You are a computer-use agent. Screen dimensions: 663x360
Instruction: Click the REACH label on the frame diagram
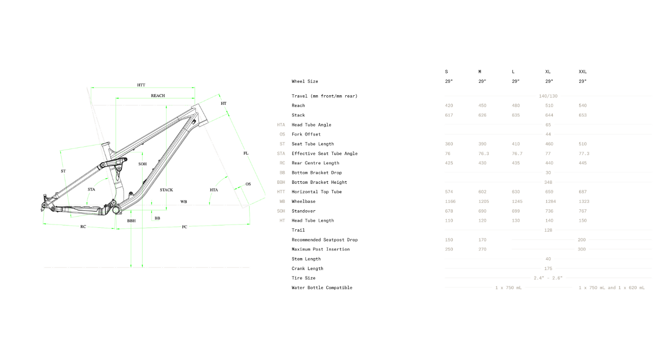pyautogui.click(x=158, y=96)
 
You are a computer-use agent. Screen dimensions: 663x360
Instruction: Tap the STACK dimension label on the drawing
pyautogui.click(x=166, y=190)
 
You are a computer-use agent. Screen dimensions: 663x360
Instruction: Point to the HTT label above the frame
pyautogui.click(x=141, y=85)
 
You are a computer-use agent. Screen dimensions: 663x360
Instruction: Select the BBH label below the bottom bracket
pyautogui.click(x=132, y=221)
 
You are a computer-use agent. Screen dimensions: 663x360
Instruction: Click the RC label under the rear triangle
pyautogui.click(x=83, y=226)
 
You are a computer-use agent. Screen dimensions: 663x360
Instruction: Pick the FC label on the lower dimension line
pyautogui.click(x=184, y=227)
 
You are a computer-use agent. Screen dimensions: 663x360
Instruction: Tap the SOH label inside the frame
pyautogui.click(x=143, y=164)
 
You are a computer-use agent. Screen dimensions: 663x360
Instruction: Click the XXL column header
pyautogui.click(x=582, y=72)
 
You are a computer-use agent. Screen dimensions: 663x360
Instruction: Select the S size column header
pyautogui.click(x=446, y=72)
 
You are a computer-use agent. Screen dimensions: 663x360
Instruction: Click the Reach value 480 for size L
pyautogui.click(x=516, y=105)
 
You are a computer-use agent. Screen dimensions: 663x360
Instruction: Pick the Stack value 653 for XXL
pyautogui.click(x=582, y=115)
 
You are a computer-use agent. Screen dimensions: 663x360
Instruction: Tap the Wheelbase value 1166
pyautogui.click(x=450, y=201)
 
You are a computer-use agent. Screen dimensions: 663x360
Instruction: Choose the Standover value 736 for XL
pyautogui.click(x=549, y=211)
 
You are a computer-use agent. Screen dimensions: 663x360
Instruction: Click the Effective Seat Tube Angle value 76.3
pyautogui.click(x=484, y=153)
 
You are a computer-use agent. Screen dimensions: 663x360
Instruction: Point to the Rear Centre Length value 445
pyautogui.click(x=582, y=163)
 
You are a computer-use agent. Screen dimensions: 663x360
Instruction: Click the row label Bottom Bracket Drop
pyautogui.click(x=317, y=172)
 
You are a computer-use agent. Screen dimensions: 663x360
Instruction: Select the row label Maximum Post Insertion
pyautogui.click(x=321, y=249)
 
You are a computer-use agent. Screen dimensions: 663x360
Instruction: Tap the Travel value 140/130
pyautogui.click(x=548, y=96)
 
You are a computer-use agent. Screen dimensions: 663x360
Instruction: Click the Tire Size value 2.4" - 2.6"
pyautogui.click(x=548, y=278)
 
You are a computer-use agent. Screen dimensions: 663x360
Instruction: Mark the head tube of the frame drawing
pyautogui.click(x=200, y=115)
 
